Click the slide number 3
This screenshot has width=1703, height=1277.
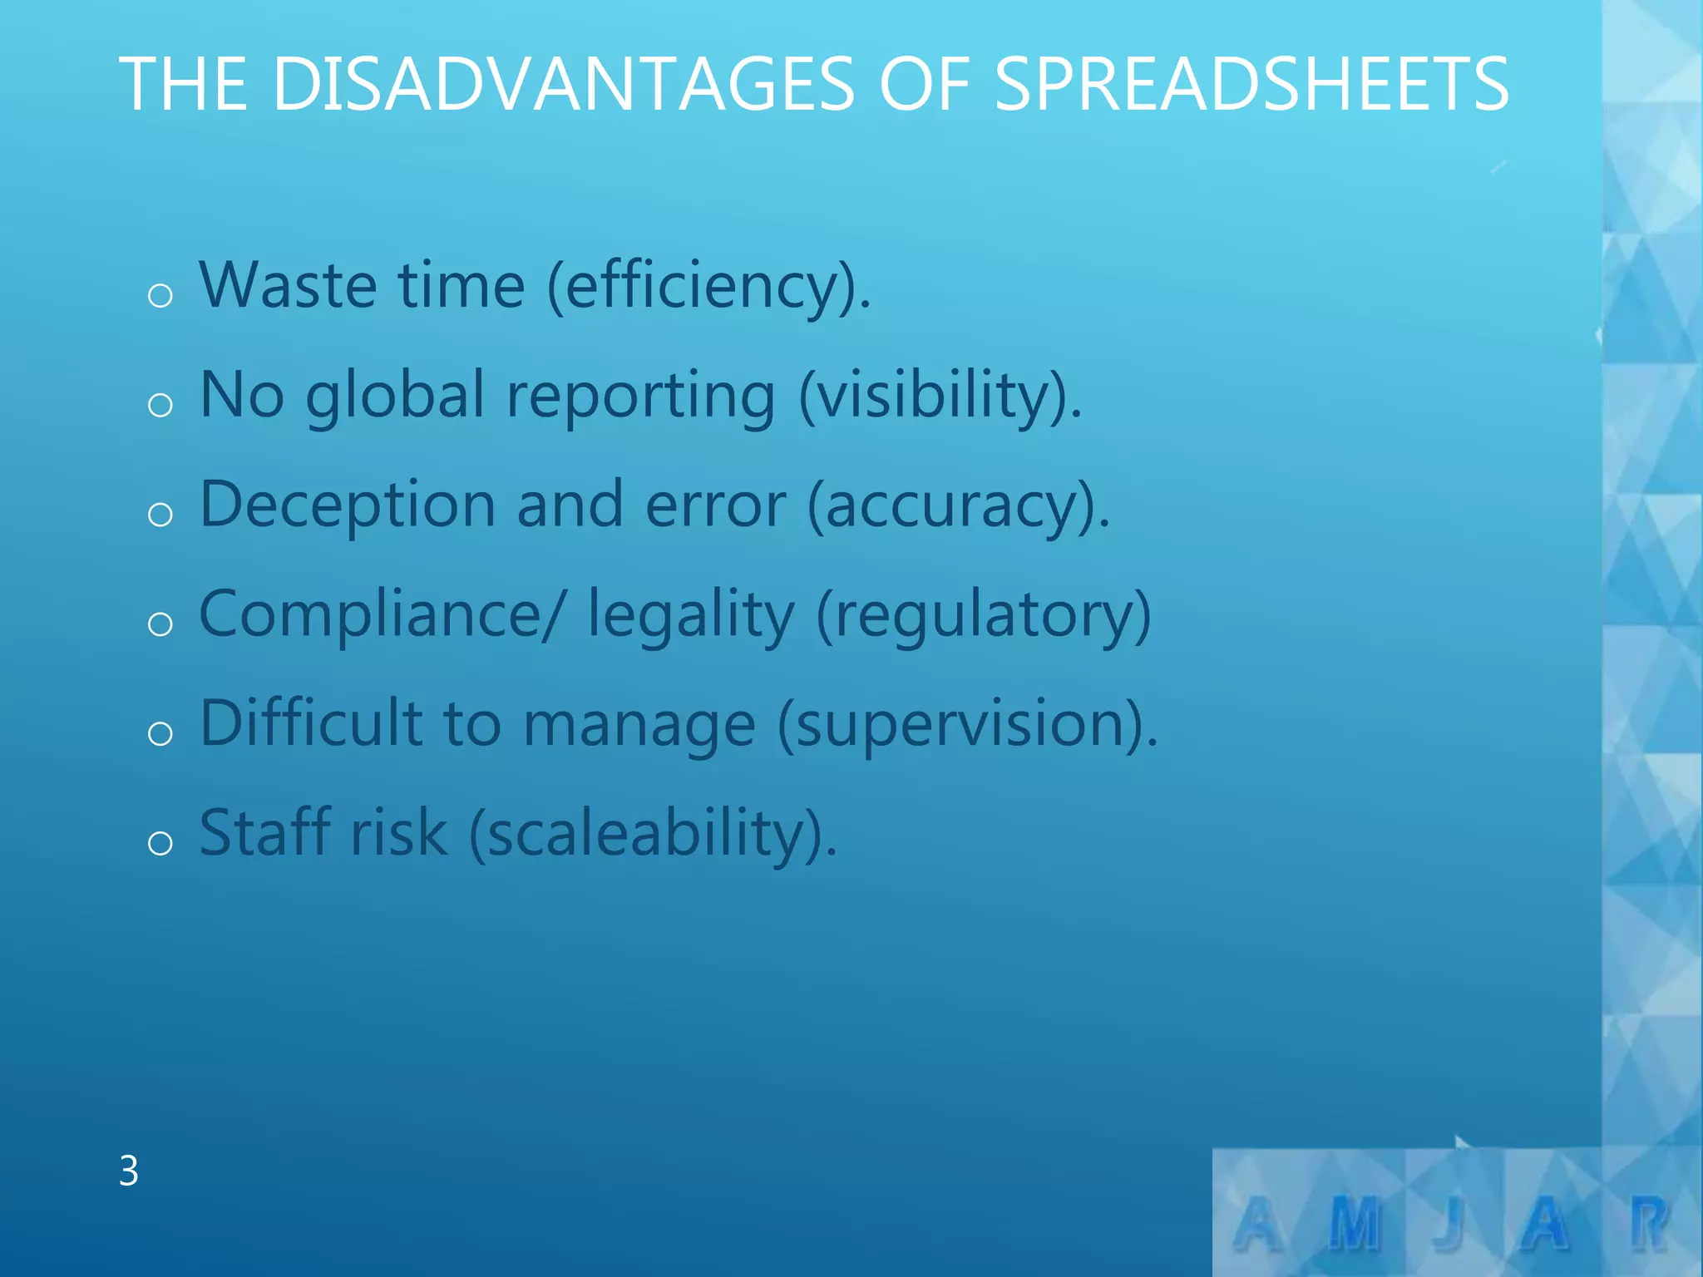(129, 1171)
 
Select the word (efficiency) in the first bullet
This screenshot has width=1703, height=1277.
(708, 287)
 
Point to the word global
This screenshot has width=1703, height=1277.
(395, 397)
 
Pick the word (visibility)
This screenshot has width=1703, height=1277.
(940, 397)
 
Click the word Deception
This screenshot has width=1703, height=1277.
(348, 506)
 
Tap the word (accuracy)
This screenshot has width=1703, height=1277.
(959, 506)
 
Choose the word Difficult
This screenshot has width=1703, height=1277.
(311, 723)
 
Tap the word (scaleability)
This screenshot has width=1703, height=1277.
(653, 835)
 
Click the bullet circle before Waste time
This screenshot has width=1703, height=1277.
(160, 295)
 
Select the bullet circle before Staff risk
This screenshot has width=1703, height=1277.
(160, 843)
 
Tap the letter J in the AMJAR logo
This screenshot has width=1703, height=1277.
(1449, 1225)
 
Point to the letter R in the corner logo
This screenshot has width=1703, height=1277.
(1649, 1224)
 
